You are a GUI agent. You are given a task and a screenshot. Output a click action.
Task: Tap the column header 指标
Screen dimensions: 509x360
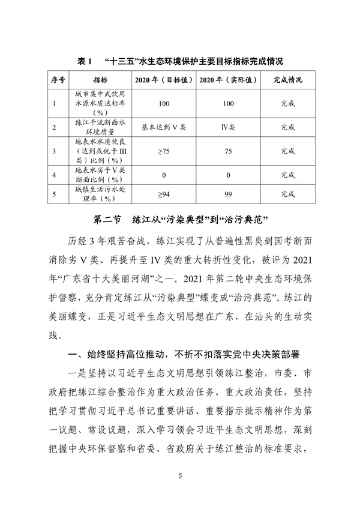click(100, 79)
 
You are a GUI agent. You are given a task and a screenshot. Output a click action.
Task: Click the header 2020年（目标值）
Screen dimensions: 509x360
click(164, 79)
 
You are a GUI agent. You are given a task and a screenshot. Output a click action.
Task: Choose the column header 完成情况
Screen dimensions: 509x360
click(287, 79)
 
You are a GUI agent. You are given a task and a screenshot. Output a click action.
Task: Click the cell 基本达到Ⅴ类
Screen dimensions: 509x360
click(164, 127)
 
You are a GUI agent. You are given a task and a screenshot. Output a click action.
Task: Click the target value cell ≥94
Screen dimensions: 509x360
click(164, 194)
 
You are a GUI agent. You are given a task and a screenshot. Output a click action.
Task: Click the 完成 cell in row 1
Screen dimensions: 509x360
click(287, 103)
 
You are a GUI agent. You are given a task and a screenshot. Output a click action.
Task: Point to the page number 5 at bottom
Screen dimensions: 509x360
click(180, 476)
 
